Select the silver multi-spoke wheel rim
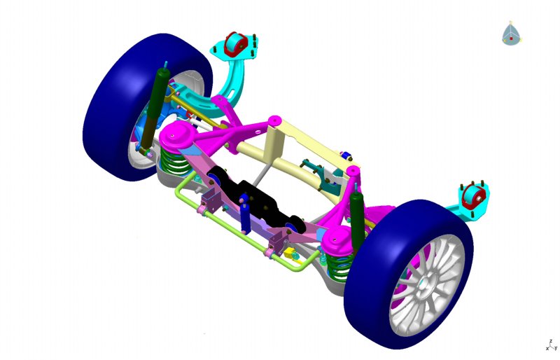[426, 286]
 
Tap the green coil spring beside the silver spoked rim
[339, 268]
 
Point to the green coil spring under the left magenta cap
[175, 162]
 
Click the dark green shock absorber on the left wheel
[155, 107]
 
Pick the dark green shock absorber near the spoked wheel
[357, 218]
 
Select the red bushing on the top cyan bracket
[235, 44]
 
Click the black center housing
[259, 202]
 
